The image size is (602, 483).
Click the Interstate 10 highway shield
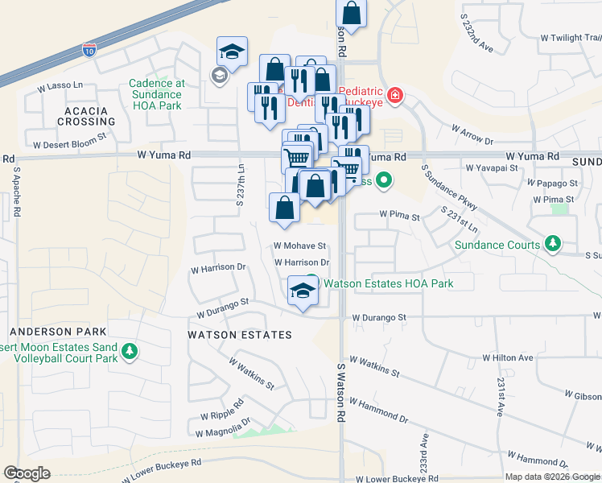coord(89,51)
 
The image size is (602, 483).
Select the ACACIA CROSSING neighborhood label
coord(86,114)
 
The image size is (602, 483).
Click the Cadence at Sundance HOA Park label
coord(157,94)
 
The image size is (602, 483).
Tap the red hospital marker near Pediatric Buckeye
coord(394,97)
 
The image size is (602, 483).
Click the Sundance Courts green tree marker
coord(552,242)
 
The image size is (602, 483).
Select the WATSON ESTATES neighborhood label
coord(239,334)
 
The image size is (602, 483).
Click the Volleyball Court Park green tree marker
coord(129,351)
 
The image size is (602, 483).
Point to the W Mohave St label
coord(299,246)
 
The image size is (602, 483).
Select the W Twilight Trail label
coord(570,37)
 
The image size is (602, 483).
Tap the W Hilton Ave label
coord(508,357)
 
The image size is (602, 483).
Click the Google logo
coord(27,473)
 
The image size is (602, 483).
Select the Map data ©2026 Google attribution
coord(551,477)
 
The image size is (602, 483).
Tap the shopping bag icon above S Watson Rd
coord(352,13)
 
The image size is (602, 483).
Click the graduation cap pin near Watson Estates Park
coord(303,291)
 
